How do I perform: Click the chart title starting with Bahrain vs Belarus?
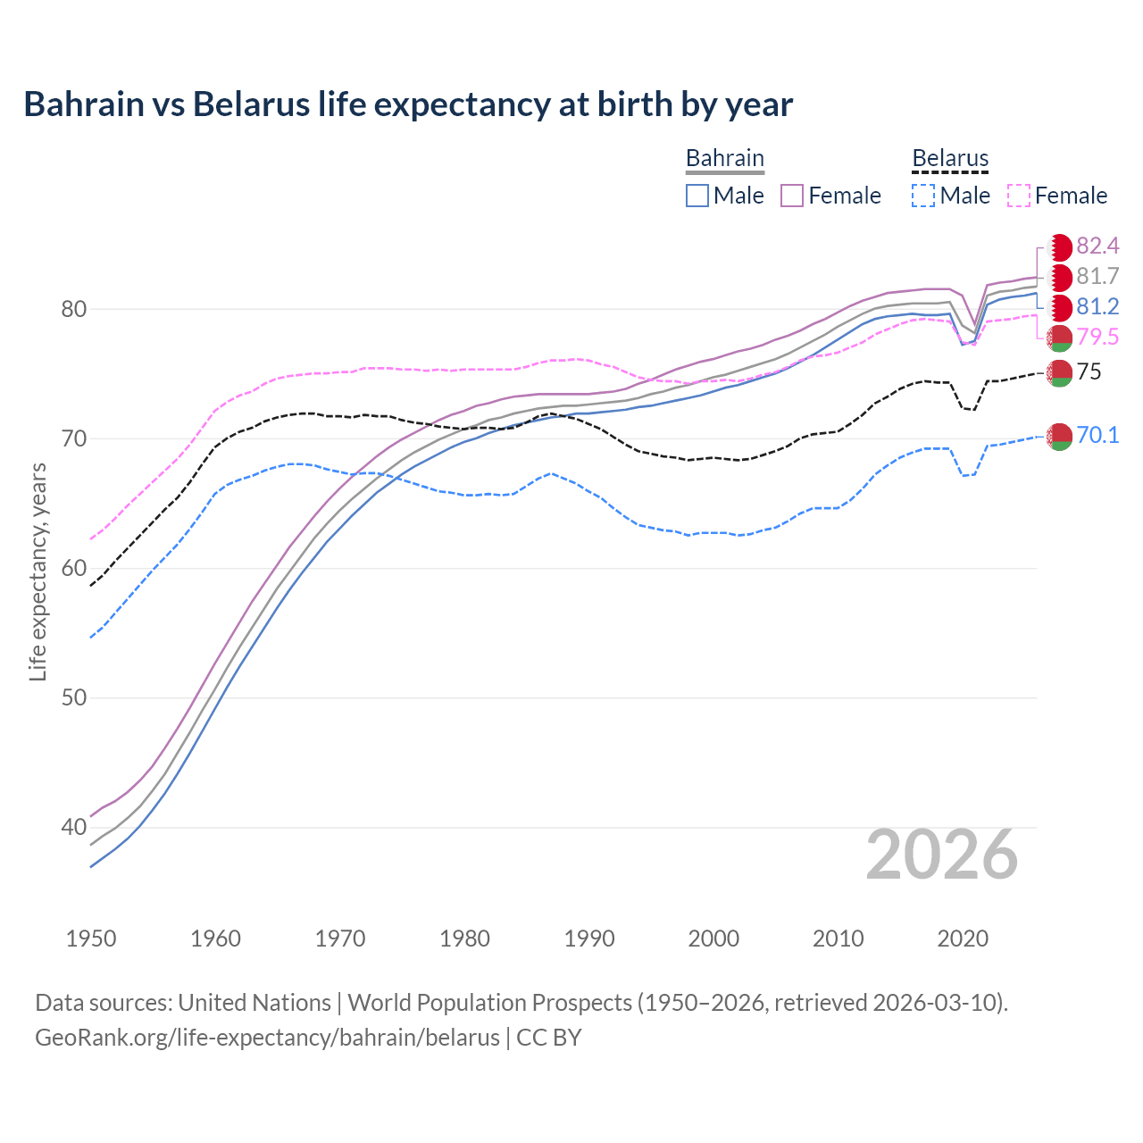point(408,104)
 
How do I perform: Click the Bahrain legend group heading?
point(724,158)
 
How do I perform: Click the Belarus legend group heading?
point(950,158)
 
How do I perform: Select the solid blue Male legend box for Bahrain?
point(697,196)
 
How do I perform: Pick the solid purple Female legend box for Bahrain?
point(792,196)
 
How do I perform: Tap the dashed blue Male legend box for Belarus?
point(923,196)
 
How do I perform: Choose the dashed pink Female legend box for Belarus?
point(1019,196)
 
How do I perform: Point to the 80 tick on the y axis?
point(73,309)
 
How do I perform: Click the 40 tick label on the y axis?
point(73,827)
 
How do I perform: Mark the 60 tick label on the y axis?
point(73,568)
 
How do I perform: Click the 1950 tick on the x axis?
point(91,939)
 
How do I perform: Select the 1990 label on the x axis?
point(589,939)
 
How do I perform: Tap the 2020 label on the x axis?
point(963,939)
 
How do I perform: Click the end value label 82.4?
point(1097,246)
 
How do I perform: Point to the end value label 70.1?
point(1097,435)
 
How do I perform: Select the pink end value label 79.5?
point(1097,337)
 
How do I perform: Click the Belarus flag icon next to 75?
point(1060,372)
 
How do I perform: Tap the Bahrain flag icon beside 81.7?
point(1060,277)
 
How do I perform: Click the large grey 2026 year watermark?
point(941,855)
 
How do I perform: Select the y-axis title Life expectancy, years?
point(38,571)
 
